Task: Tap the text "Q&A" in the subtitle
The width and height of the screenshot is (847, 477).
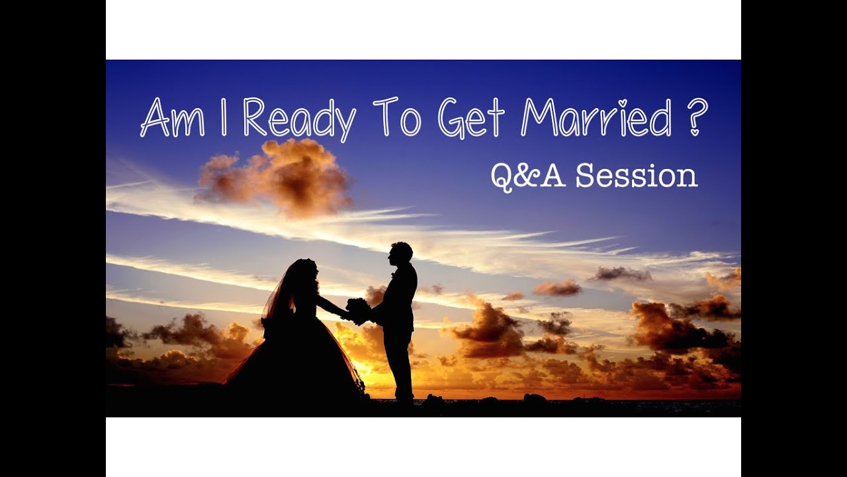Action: (528, 176)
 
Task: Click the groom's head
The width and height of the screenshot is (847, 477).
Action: (400, 253)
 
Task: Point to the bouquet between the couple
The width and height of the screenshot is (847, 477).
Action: (358, 310)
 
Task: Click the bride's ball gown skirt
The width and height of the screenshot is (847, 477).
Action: (298, 364)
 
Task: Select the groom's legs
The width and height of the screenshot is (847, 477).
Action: (400, 364)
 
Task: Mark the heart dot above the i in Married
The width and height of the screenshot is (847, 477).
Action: (622, 103)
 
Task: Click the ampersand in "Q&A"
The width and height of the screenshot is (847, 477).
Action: (529, 177)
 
